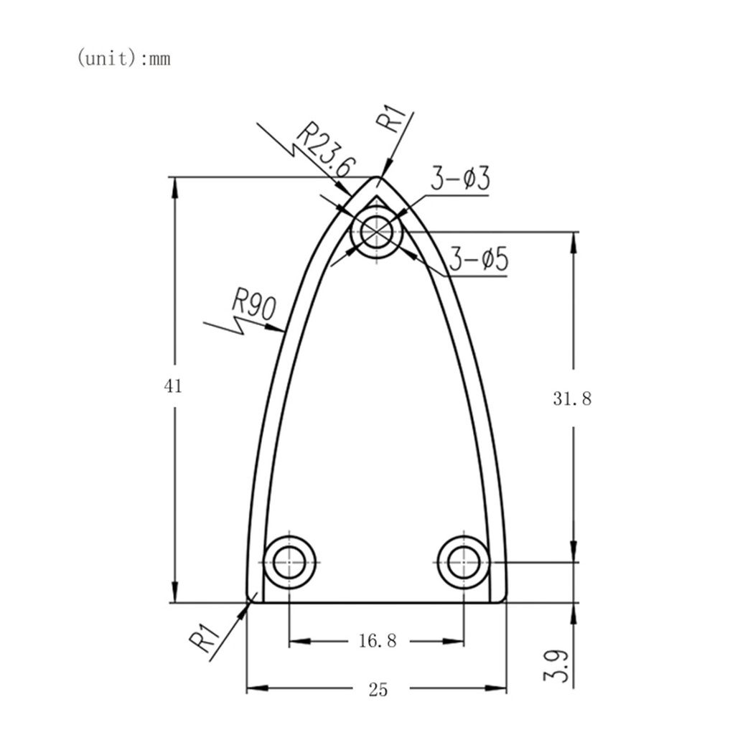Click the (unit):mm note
[123, 59]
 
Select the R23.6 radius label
[326, 151]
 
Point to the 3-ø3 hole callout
[460, 179]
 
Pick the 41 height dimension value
[173, 386]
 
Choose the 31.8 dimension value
[572, 399]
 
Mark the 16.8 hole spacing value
[378, 640]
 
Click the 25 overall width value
[378, 690]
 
